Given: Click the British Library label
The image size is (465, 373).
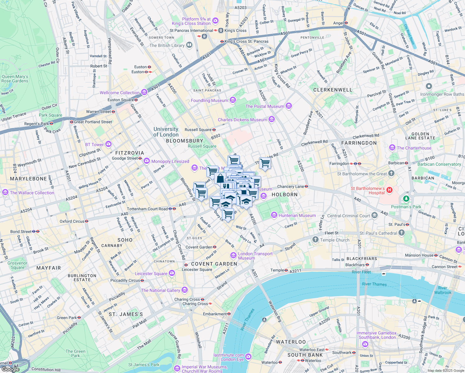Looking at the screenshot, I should pos(167,45).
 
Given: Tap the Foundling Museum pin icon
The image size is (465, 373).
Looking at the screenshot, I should pos(233,100).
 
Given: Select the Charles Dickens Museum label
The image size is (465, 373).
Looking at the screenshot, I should pos(242,120).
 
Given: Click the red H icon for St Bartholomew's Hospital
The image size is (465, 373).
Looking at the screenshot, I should pos(389,190).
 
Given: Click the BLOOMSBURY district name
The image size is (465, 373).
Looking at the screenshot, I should pos(184,141).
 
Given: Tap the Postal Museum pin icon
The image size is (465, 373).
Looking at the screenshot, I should pos(289,106).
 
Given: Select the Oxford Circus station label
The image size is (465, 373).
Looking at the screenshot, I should pos(72,221).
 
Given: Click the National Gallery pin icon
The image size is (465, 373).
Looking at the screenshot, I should pos(185,290).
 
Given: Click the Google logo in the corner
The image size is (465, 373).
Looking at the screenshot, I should pos(10,369).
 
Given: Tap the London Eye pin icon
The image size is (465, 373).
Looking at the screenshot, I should pos(248,357).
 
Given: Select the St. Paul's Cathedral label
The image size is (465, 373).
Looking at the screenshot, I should pos(378,233).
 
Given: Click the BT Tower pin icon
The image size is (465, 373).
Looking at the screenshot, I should pos(108,144).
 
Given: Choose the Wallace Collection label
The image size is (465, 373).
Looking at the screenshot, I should pos(32,193).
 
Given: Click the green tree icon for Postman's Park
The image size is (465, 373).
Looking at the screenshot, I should pos(406,198).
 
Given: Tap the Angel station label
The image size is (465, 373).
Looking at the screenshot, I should pos(338,23).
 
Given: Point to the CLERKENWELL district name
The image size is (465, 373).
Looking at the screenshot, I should pos(333,90).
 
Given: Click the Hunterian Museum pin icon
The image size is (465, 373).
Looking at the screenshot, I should pos(274,215).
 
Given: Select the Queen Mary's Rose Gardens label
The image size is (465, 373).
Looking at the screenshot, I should pos(15,79).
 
